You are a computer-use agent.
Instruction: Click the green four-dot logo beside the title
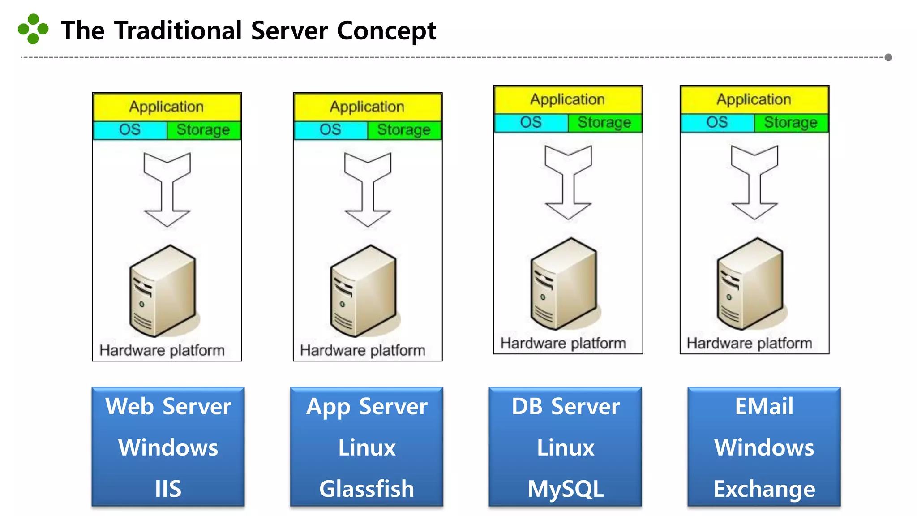tap(33, 29)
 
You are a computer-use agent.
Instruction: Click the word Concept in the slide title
tap(386, 31)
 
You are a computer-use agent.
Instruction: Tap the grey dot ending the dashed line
tap(888, 57)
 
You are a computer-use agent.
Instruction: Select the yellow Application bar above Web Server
tap(167, 107)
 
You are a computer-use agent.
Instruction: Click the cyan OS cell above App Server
tap(330, 130)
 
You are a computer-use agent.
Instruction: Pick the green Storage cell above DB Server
tap(604, 123)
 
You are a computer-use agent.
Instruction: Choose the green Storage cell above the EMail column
tap(790, 123)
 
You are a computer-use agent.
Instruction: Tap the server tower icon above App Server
tap(364, 291)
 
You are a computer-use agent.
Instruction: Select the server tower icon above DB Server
tap(564, 284)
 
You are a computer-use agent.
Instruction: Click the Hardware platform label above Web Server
tap(162, 350)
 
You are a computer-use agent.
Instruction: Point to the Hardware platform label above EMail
tap(749, 343)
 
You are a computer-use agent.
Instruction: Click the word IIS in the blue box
tap(168, 488)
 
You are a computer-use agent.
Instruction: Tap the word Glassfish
tap(367, 488)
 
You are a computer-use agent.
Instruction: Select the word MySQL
tap(566, 488)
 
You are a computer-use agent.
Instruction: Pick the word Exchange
tap(764, 488)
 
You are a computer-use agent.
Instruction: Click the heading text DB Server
tap(566, 406)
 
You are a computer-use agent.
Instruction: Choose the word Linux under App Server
tap(367, 447)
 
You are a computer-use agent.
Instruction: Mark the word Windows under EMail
tap(764, 447)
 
